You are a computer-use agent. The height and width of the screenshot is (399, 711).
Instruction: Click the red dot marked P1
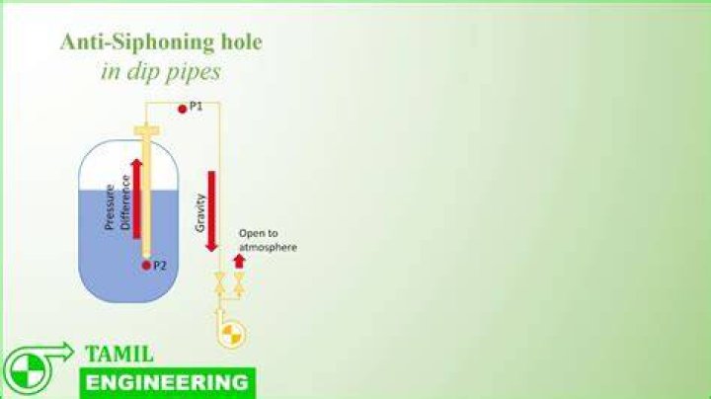click(183, 109)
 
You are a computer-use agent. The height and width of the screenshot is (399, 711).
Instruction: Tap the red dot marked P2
click(146, 266)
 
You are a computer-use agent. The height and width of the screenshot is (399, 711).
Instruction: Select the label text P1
click(196, 107)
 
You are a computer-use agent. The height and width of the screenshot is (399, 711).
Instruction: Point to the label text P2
click(160, 266)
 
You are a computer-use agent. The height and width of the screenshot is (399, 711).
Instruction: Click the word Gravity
click(199, 212)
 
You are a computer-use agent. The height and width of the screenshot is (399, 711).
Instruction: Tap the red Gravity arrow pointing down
click(211, 211)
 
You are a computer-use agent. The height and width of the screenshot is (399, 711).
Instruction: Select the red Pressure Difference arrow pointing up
click(136, 199)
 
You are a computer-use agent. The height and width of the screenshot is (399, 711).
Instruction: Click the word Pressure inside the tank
click(110, 206)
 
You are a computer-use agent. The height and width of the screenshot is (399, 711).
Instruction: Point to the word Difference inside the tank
click(125, 201)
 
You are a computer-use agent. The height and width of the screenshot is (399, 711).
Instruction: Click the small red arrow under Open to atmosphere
click(239, 262)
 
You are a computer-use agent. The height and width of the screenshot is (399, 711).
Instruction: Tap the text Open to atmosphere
click(268, 240)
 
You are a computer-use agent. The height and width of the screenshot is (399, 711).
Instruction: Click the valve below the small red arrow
click(239, 282)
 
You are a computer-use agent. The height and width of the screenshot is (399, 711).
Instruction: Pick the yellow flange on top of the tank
click(146, 131)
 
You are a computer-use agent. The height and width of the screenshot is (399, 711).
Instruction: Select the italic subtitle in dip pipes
click(161, 72)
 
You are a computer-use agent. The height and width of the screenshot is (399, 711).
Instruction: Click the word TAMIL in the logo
click(119, 355)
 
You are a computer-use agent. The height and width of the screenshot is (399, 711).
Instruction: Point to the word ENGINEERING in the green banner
click(167, 382)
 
